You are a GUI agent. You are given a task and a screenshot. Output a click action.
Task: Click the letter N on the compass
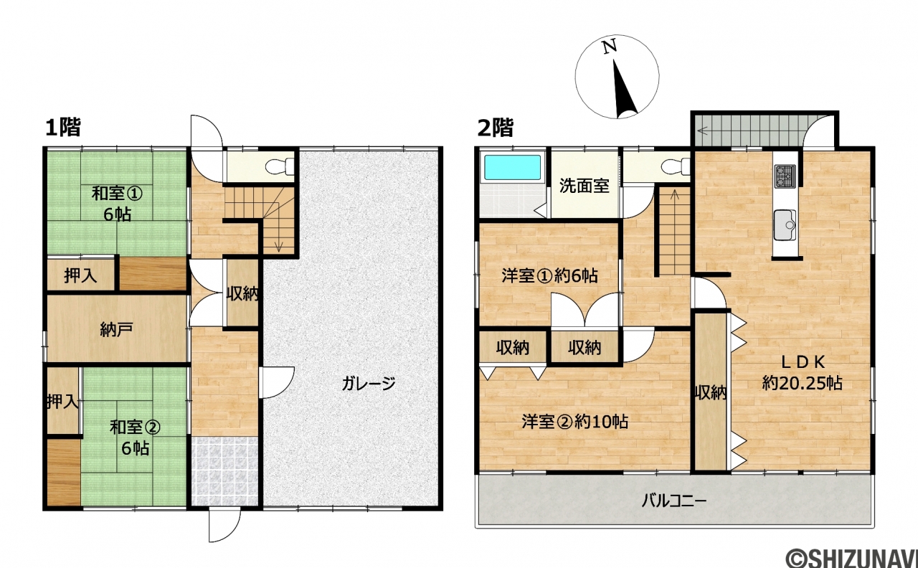pyautogui.click(x=610, y=47)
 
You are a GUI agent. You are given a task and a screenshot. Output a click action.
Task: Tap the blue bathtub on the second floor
pyautogui.click(x=512, y=167)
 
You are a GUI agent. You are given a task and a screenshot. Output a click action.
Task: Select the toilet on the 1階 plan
pyautogui.click(x=280, y=167)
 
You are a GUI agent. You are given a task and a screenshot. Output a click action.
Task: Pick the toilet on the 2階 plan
pyautogui.click(x=676, y=167)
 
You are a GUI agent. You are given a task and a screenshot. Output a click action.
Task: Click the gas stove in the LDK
pyautogui.click(x=785, y=176)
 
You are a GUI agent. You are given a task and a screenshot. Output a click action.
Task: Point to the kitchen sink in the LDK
pyautogui.click(x=785, y=225)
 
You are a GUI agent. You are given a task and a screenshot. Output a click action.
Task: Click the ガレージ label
pyautogui.click(x=369, y=384)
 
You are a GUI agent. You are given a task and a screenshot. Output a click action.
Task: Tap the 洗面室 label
pyautogui.click(x=585, y=186)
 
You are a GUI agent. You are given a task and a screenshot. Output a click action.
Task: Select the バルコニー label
pyautogui.click(x=674, y=501)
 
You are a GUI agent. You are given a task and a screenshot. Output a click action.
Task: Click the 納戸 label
pyautogui.click(x=116, y=329)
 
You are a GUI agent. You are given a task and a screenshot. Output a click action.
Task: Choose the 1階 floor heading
pyautogui.click(x=62, y=127)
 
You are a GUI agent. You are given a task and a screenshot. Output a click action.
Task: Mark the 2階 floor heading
pyautogui.click(x=496, y=127)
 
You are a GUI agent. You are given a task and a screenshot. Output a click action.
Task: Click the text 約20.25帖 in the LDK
pyautogui.click(x=802, y=383)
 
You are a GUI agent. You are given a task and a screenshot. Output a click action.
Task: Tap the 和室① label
pyautogui.click(x=117, y=194)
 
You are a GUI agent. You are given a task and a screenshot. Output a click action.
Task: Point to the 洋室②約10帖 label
pyautogui.click(x=575, y=421)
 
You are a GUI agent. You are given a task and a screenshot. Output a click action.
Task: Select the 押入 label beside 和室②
pyautogui.click(x=62, y=402)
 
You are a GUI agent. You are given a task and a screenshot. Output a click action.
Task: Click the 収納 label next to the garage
pyautogui.click(x=242, y=293)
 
